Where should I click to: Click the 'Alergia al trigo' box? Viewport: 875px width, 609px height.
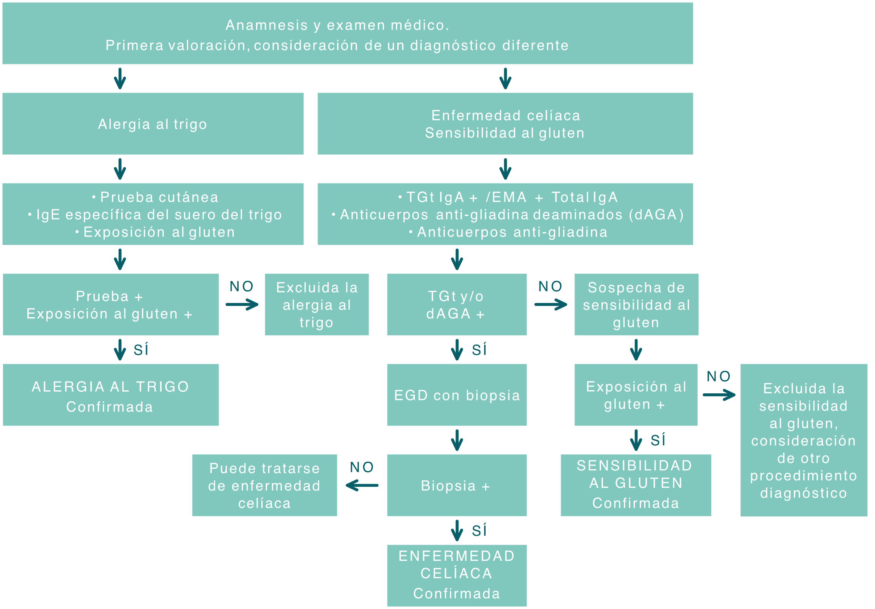tap(152, 124)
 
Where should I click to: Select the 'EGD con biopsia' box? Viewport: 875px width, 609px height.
tap(457, 395)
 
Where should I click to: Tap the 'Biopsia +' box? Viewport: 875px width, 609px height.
tap(457, 485)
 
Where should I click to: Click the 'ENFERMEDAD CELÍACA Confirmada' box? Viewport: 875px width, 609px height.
tap(457, 575)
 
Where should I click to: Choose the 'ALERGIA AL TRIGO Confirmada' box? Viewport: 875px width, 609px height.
tap(111, 395)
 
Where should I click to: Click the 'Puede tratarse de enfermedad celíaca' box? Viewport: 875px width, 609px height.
tap(264, 485)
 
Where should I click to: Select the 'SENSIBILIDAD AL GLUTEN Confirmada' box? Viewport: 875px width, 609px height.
tap(636, 485)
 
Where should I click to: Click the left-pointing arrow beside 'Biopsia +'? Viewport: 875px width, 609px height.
tap(362, 485)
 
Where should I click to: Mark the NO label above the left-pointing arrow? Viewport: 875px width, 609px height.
tap(362, 467)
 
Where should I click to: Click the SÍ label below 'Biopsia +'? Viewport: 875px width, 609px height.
tap(479, 530)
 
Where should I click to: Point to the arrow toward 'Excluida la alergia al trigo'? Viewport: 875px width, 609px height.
tap(242, 304)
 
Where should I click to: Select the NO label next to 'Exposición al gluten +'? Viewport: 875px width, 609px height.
tap(718, 377)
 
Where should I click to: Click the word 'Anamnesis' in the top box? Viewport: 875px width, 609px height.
tap(266, 25)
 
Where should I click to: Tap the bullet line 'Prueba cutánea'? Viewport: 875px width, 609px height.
tap(159, 197)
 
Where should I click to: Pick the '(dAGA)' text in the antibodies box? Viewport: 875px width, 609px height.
tap(656, 215)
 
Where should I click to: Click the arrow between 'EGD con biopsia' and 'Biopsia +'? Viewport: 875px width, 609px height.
tap(457, 440)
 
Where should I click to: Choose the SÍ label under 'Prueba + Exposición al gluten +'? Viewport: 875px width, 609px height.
tap(141, 350)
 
